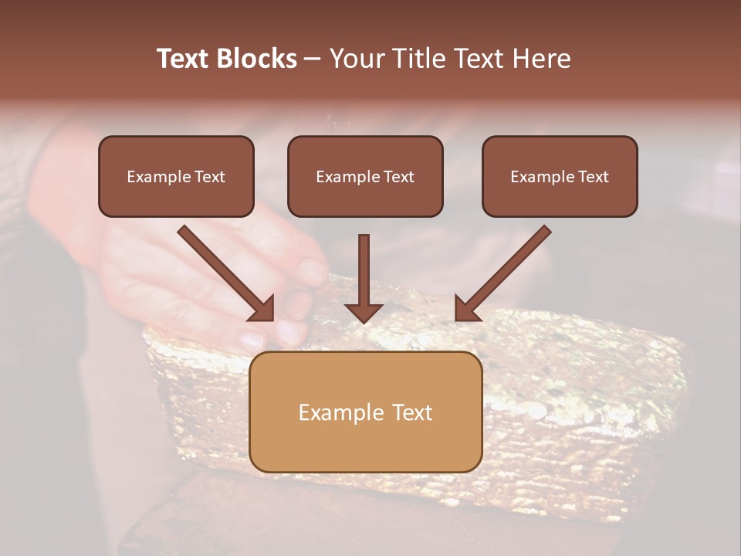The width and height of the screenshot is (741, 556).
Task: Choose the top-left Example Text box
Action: point(176,176)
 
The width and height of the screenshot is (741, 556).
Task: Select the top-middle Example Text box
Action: point(365,176)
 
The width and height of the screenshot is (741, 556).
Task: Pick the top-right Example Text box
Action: point(560,176)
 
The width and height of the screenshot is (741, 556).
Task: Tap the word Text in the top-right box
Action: point(594,177)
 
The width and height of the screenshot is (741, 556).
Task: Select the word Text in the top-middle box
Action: point(399,177)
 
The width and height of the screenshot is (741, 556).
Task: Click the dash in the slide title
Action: point(313,59)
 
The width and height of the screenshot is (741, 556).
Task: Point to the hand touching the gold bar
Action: point(232,278)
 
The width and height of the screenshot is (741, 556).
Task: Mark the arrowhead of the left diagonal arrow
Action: point(262,309)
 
